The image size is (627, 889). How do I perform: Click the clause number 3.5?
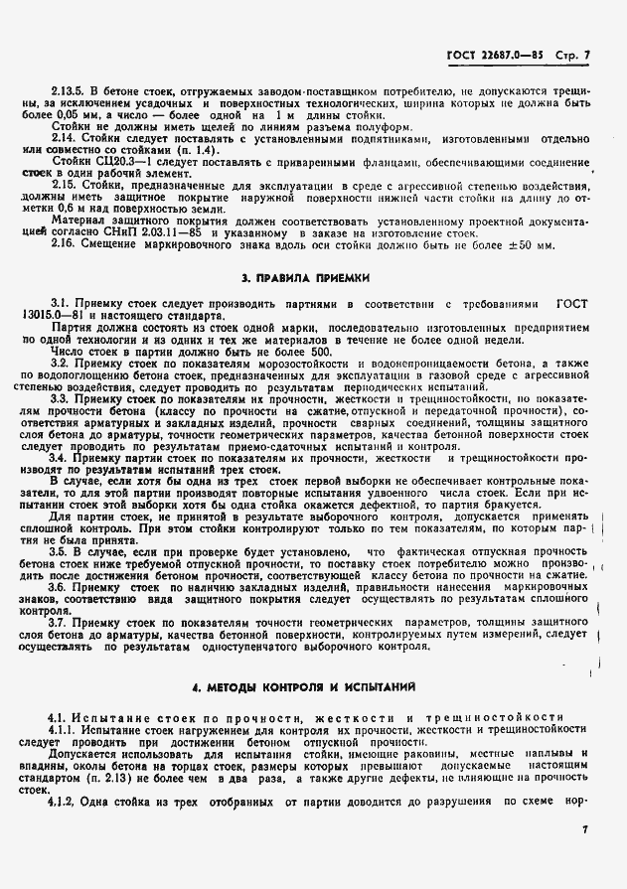62,550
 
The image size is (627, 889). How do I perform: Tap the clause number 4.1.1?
67,729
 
